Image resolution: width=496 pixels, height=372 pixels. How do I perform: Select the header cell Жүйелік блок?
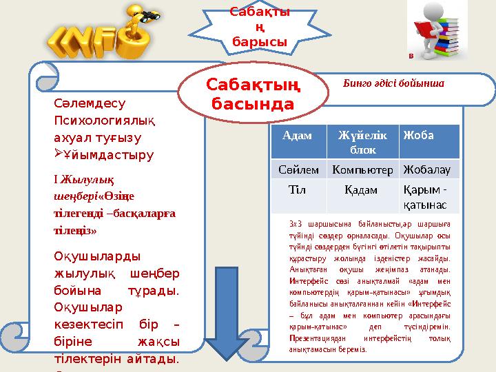tap(358, 141)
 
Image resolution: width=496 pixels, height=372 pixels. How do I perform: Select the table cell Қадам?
tap(358, 189)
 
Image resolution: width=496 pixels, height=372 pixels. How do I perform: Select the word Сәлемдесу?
tap(89, 104)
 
